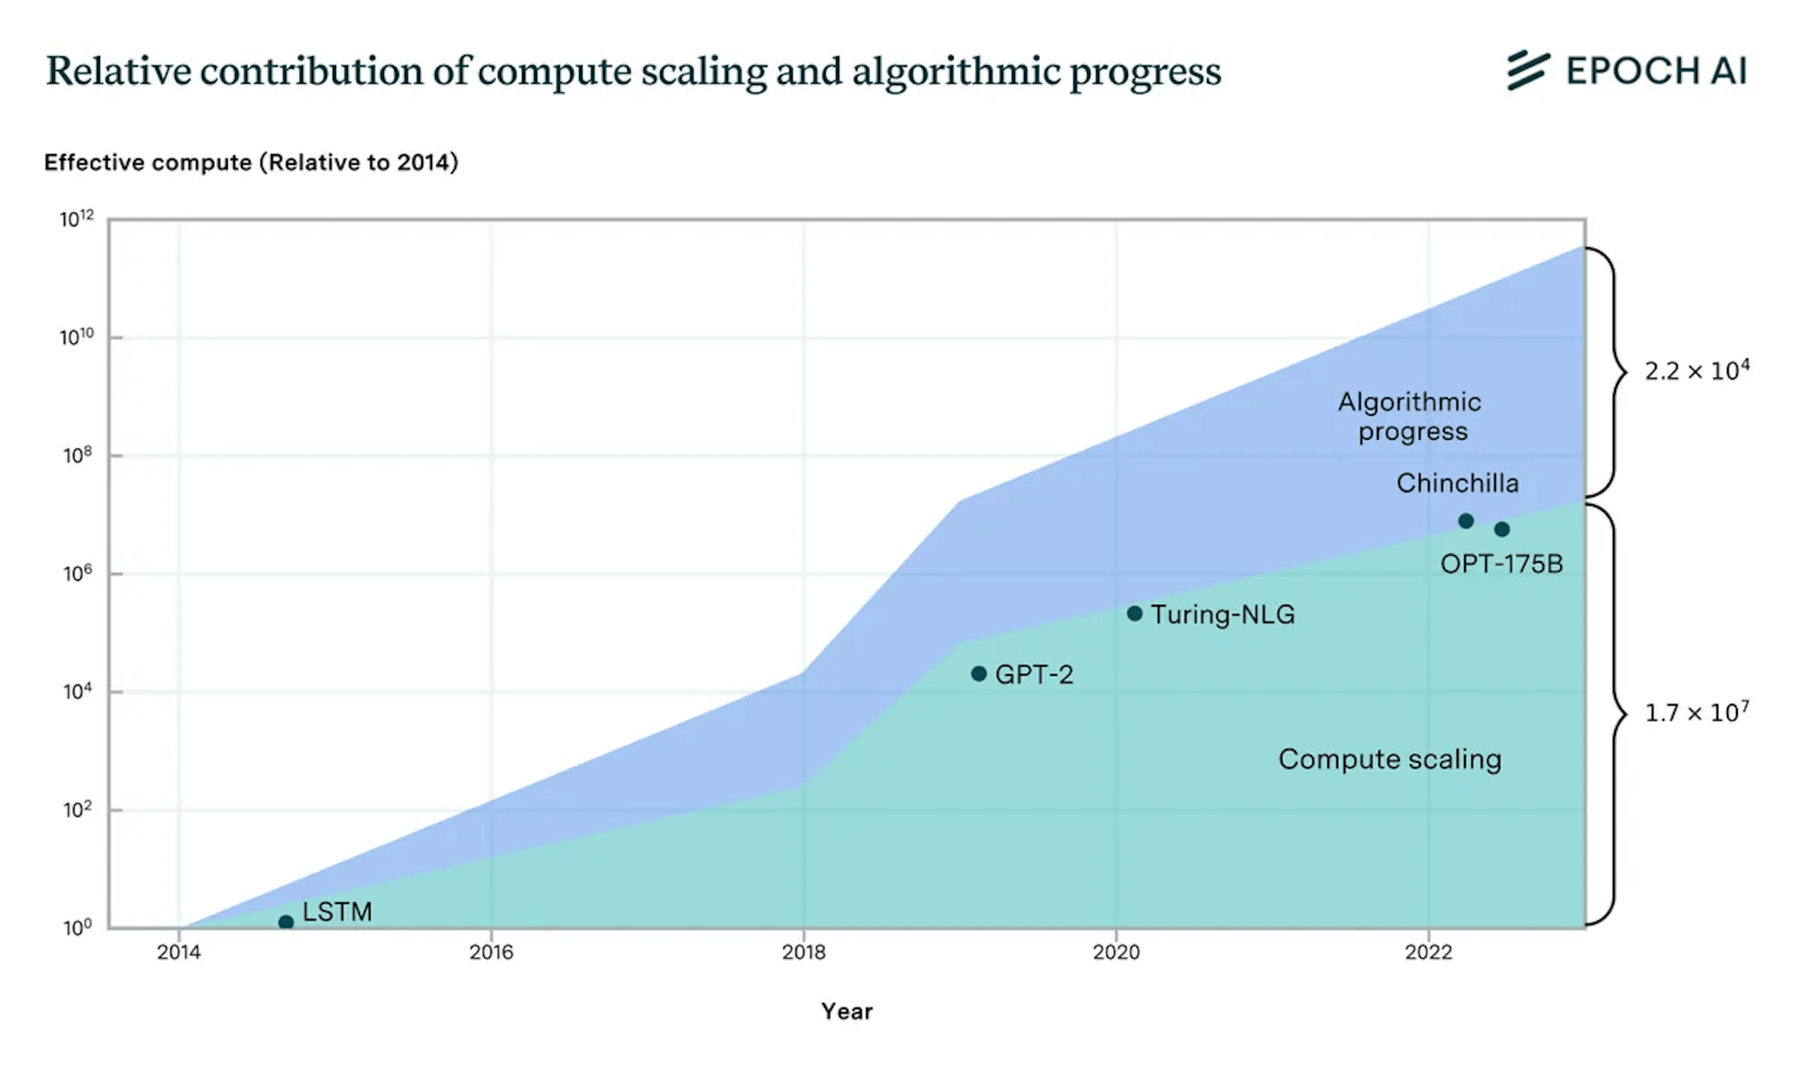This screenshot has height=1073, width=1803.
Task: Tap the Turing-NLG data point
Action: click(1134, 613)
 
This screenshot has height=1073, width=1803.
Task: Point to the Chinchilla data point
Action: click(1465, 521)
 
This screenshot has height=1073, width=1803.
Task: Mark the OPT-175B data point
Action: click(1502, 529)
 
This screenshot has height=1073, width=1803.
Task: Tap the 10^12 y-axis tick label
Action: click(76, 218)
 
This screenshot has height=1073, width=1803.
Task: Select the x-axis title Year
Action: click(847, 1011)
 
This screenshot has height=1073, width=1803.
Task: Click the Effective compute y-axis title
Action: click(251, 162)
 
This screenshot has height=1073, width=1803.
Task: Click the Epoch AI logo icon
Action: click(1527, 70)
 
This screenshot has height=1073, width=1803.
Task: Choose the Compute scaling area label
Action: click(1389, 759)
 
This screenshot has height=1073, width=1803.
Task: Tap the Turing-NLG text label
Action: click(1223, 615)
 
